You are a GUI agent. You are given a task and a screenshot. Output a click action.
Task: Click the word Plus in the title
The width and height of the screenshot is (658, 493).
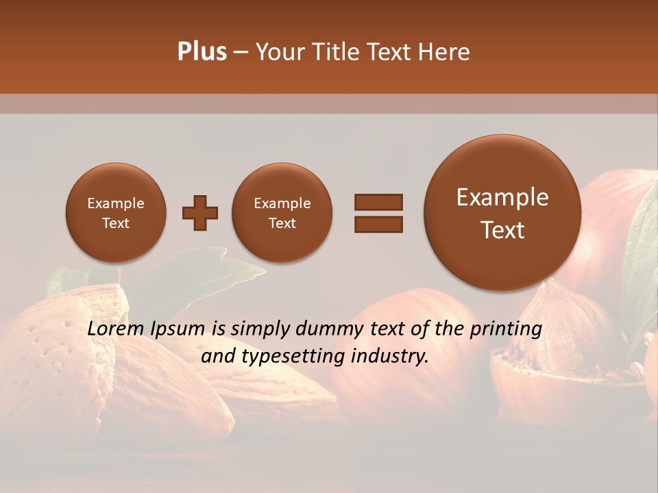(202, 52)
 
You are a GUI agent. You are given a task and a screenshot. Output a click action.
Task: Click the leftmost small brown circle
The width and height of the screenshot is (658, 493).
(115, 213)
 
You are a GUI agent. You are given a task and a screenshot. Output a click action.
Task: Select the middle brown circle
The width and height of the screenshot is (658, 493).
(282, 213)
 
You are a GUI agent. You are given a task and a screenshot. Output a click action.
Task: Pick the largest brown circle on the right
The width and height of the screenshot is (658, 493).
(502, 213)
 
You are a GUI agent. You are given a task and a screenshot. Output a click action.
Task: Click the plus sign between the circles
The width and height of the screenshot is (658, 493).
(199, 213)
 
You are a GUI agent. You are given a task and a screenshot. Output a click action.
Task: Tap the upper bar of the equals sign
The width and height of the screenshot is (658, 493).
(378, 202)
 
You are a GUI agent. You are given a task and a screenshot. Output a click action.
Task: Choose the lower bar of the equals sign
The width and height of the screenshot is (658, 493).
(378, 225)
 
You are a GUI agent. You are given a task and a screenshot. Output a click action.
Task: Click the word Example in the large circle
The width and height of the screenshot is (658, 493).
(502, 197)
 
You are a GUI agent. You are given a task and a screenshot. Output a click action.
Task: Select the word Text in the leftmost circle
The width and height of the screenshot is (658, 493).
(115, 223)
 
